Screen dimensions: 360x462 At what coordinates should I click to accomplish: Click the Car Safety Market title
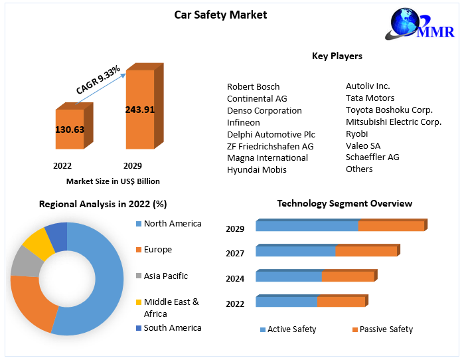coord(220,15)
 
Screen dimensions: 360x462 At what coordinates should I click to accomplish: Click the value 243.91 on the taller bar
coord(139,110)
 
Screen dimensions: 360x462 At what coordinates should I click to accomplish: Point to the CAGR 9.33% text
coord(98,80)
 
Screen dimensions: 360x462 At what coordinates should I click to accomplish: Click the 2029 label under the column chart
coord(132,165)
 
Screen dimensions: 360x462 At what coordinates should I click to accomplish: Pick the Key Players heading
coord(337,56)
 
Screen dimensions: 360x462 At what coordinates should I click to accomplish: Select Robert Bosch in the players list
coord(253,87)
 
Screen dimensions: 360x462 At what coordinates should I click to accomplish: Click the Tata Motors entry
coord(370,98)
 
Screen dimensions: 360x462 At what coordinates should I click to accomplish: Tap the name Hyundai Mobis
coord(256,170)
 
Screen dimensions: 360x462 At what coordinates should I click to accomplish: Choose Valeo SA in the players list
coord(363,145)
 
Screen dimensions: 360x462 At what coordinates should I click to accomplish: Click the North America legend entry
coord(172,224)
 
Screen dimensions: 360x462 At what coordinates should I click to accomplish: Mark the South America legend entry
coord(172,328)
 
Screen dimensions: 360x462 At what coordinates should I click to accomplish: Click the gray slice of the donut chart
coord(25,262)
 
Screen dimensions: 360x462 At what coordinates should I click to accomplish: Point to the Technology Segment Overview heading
coord(344,204)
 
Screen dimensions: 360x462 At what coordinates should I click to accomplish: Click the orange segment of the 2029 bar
coord(391,226)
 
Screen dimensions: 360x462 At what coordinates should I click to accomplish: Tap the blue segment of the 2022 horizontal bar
coord(286,302)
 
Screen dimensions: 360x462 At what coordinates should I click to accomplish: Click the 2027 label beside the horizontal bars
coord(235,254)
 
